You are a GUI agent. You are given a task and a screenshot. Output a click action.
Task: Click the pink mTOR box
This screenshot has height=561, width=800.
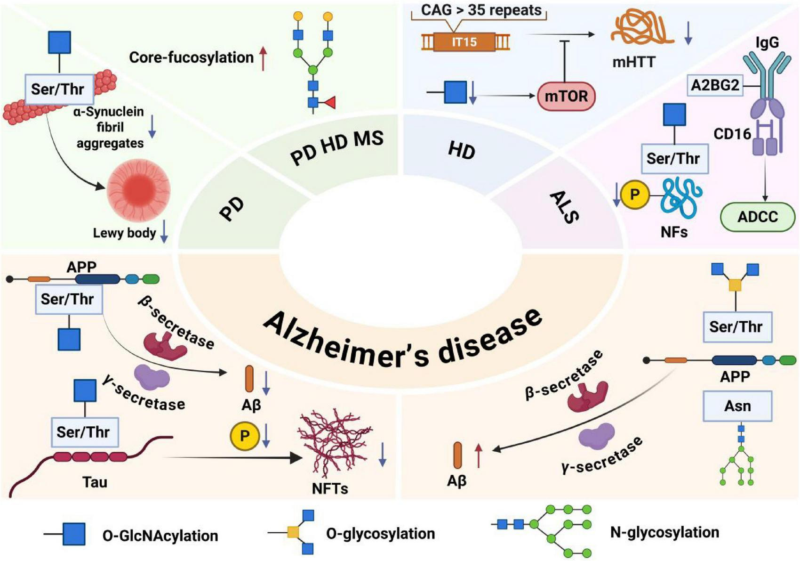(566, 97)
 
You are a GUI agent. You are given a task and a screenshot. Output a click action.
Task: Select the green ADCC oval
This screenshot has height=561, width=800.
(757, 217)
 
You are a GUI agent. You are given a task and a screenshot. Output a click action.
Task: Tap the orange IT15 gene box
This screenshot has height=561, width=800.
(464, 42)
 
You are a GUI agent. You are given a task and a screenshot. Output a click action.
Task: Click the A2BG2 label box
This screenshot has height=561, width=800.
(715, 85)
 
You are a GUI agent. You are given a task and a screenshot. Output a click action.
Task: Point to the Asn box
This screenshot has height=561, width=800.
(737, 406)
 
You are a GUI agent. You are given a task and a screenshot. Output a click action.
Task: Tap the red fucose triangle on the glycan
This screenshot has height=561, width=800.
(329, 102)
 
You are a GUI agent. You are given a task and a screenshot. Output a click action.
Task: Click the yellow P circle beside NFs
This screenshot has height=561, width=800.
(635, 195)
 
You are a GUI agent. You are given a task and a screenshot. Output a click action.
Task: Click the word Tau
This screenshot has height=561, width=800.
(95, 482)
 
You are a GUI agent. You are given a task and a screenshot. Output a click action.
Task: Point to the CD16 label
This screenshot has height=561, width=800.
(732, 134)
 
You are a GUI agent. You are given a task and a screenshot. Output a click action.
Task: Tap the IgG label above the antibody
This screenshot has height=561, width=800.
(767, 42)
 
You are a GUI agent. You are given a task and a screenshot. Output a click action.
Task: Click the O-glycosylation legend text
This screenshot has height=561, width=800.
(380, 534)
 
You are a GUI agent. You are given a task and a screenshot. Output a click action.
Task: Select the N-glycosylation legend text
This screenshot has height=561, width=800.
(664, 532)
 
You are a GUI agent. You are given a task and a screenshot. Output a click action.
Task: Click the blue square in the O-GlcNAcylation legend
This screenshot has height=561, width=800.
(74, 534)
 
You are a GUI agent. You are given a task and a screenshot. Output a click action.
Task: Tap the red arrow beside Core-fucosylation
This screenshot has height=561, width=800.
(264, 58)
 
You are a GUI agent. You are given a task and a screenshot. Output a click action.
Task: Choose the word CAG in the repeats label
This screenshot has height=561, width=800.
(436, 10)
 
